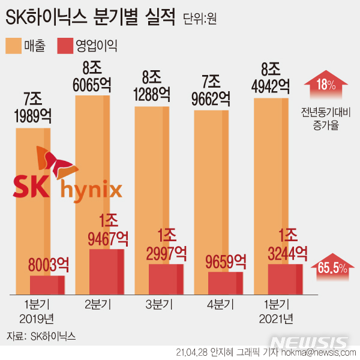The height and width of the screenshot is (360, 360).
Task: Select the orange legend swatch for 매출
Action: tap(13, 45)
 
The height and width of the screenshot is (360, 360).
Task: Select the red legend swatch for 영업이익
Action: tap(64, 45)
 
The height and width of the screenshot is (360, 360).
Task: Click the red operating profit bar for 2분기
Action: tap(107, 271)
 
